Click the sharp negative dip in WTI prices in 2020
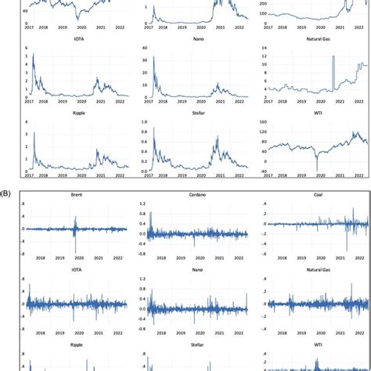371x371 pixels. [x=317, y=167]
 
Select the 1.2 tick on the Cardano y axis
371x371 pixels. [x=142, y=204]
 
